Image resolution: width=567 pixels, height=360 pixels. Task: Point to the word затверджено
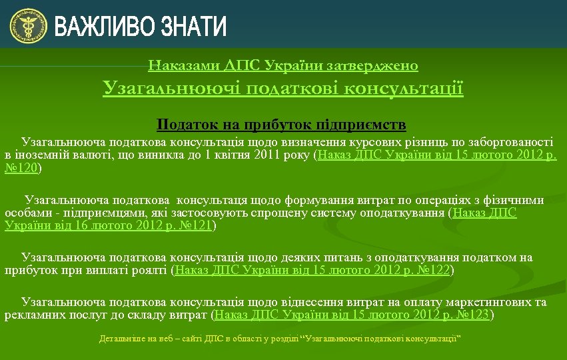coord(380,65)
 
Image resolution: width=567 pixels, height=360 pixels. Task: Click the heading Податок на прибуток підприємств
coord(281,125)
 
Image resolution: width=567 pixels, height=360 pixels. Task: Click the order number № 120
coord(21,169)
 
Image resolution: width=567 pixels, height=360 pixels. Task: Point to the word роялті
coord(150,271)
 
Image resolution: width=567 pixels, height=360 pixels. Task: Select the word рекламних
coord(33,315)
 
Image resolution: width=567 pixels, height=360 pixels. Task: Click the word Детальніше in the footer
coord(119,339)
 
